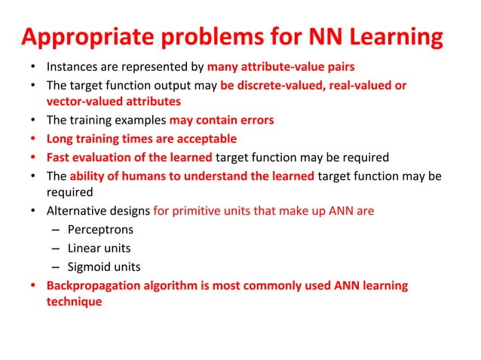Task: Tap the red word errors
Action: (256, 121)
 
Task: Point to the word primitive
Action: (198, 212)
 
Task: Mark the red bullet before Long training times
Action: (33, 139)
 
